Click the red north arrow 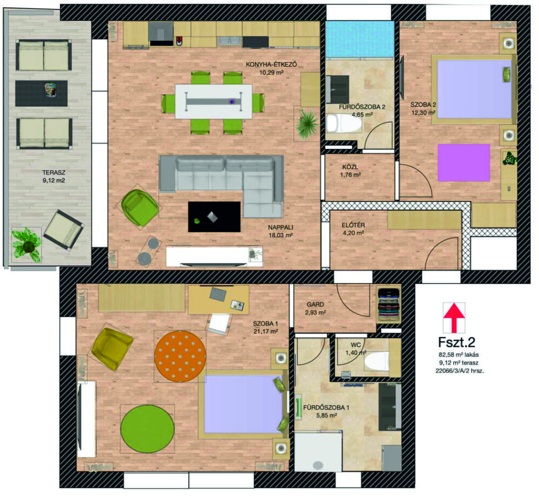454,317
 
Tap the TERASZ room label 54,173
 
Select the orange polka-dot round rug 180,356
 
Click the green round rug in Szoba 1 147,429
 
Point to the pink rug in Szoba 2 464,163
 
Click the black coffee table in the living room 214,216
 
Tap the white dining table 214,102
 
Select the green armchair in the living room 139,207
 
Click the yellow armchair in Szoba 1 112,349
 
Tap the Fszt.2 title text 456,342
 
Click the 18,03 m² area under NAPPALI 281,235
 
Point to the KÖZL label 350,167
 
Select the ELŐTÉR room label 353,225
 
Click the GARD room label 315,304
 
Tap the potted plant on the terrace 26,245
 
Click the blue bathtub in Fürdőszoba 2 360,39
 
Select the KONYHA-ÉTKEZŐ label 271,64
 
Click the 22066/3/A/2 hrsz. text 460,371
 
